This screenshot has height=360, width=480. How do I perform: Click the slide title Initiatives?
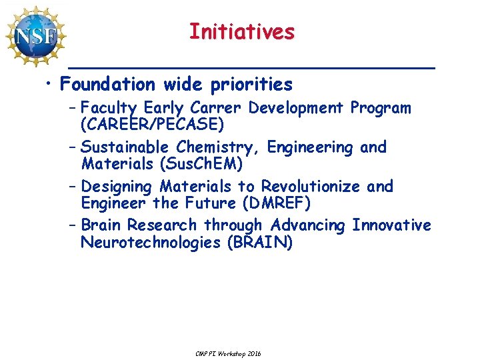[x=241, y=31]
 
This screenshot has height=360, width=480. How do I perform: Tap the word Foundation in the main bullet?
[x=107, y=85]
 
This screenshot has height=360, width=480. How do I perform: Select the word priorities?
[x=251, y=85]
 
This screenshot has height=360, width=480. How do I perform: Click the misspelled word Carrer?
[x=216, y=108]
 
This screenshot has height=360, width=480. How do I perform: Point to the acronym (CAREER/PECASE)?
[x=151, y=124]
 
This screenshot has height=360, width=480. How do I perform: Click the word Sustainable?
[x=126, y=147]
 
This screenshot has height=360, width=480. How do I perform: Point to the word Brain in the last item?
[x=101, y=225]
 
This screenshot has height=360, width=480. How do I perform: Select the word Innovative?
[x=391, y=225]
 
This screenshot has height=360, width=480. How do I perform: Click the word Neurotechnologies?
[x=151, y=242]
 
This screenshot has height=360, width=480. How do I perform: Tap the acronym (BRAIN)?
[x=259, y=242]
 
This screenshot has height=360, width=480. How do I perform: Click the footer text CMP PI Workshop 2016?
[x=229, y=353]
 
